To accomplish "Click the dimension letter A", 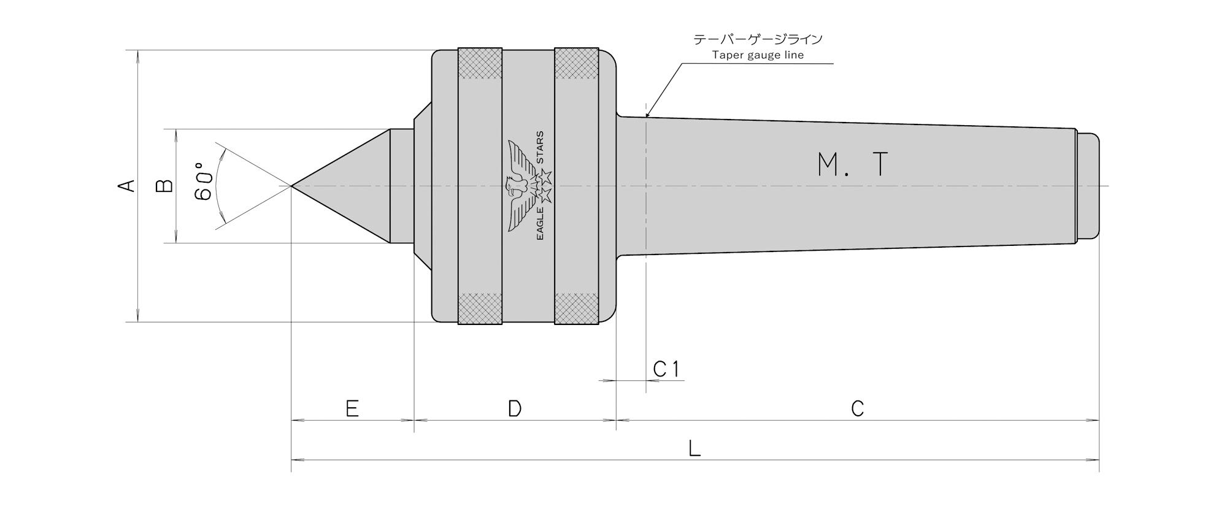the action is pyautogui.click(x=127, y=185).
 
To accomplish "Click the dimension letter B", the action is pyautogui.click(x=165, y=186).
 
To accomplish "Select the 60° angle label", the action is pyautogui.click(x=203, y=182).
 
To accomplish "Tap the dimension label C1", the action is pyautogui.click(x=666, y=369).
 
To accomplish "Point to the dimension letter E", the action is pyautogui.click(x=352, y=408).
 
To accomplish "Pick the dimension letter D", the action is pyautogui.click(x=515, y=408).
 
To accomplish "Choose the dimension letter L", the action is pyautogui.click(x=694, y=449).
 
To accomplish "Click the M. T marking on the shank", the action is pyautogui.click(x=853, y=164).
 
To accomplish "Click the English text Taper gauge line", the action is pyautogui.click(x=758, y=55).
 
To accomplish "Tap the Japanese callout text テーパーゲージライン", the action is pyautogui.click(x=758, y=39).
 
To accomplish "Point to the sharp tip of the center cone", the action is pyautogui.click(x=291, y=186).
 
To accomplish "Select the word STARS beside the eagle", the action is pyautogui.click(x=540, y=147).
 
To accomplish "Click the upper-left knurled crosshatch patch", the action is pyautogui.click(x=480, y=63).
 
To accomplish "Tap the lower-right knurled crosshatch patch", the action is pyautogui.click(x=577, y=308).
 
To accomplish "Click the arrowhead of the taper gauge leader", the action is pyautogui.click(x=648, y=113).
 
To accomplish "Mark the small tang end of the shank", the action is pyautogui.click(x=1088, y=186).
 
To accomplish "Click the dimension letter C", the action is pyautogui.click(x=858, y=408).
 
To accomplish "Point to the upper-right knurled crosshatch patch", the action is pyautogui.click(x=577, y=63).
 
